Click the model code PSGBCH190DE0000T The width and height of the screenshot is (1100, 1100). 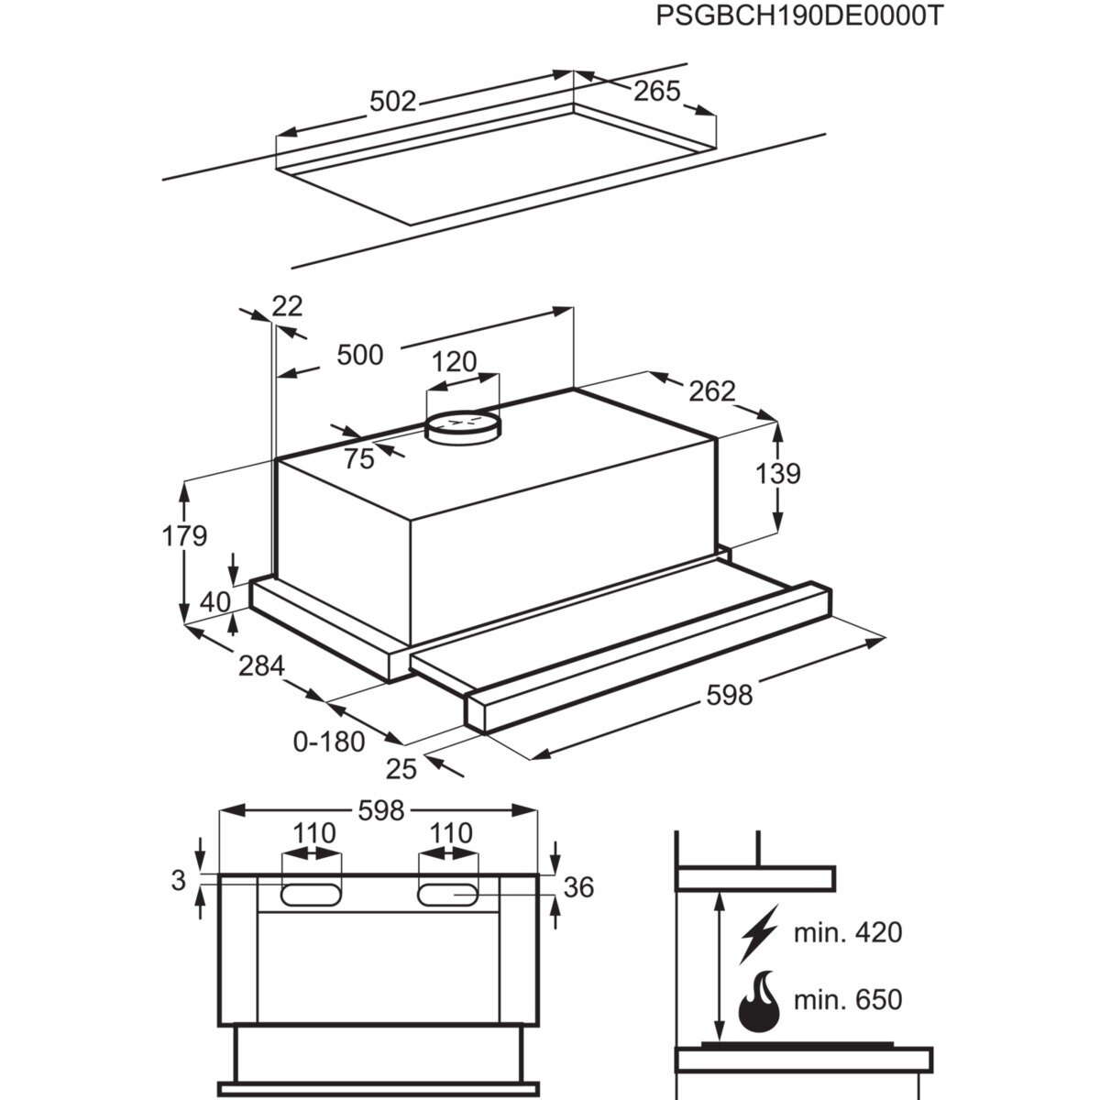[798, 17]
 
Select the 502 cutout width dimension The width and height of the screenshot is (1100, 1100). [392, 102]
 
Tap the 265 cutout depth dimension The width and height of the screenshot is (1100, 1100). [657, 91]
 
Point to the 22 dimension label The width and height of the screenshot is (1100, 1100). [287, 305]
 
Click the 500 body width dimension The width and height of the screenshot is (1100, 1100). [359, 354]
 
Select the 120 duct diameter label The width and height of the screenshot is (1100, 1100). [455, 361]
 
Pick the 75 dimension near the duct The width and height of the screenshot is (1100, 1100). [359, 458]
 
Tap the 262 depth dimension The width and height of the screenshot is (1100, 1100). [712, 391]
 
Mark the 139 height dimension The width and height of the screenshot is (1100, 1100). [779, 474]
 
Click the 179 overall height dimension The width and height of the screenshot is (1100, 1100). [185, 535]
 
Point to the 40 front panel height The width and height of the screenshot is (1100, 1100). [214, 601]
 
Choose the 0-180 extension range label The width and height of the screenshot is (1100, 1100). [329, 741]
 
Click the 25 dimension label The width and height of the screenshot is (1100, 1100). [401, 769]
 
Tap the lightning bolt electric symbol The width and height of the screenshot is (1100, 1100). [758, 933]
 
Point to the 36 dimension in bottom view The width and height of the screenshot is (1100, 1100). [579, 886]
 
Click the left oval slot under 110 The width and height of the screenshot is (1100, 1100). [312, 893]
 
